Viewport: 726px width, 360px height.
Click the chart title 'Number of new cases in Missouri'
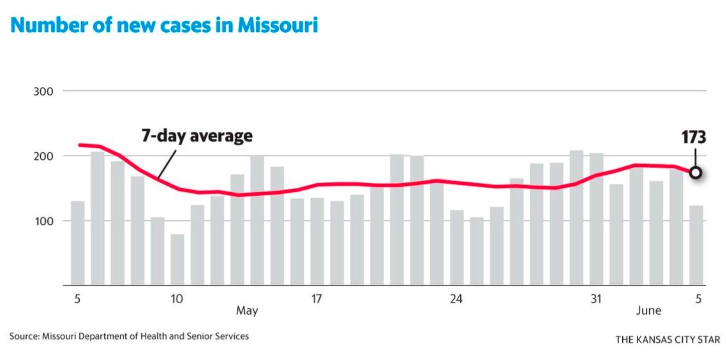164,25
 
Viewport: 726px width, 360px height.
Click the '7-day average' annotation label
197,136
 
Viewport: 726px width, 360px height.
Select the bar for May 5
78,243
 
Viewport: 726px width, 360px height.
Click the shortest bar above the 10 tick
177,260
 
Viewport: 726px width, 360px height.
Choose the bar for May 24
457,248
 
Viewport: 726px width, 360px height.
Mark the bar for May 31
596,219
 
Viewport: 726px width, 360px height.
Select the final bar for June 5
696,245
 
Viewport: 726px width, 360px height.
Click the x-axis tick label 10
176,299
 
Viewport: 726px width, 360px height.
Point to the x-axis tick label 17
316,299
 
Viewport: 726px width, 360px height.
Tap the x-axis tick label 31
596,299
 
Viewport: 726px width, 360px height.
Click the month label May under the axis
247,311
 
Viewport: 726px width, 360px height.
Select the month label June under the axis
649,311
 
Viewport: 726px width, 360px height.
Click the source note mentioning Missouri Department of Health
129,336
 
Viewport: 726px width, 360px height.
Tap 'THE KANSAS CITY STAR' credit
668,340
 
